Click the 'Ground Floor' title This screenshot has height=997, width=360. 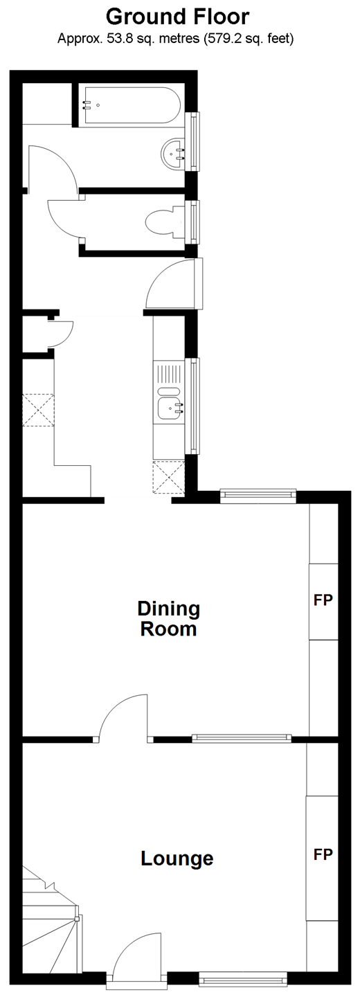(177, 17)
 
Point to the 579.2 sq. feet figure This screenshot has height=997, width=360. (249, 39)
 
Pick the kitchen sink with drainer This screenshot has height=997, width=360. (169, 393)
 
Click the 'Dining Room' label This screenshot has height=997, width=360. (169, 619)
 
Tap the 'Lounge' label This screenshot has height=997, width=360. (177, 859)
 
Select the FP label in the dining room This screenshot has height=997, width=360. (323, 600)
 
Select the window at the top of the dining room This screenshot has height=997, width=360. (258, 496)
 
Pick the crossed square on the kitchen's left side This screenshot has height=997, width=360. (38, 410)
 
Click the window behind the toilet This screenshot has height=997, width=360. (194, 222)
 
